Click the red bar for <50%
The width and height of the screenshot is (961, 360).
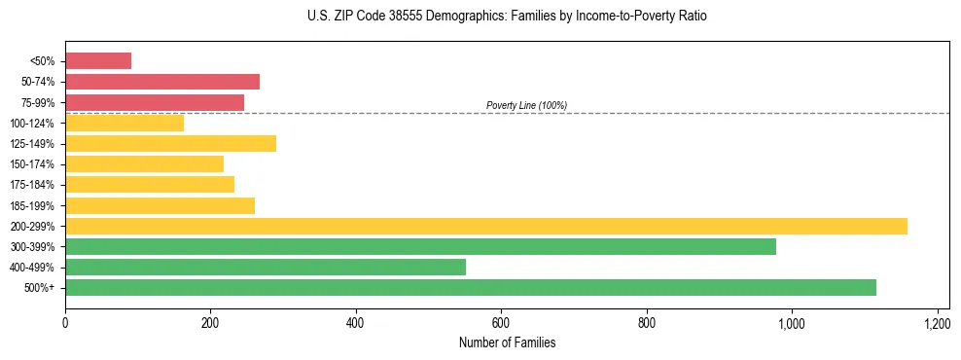point(98,61)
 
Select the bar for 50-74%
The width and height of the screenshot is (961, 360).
point(162,82)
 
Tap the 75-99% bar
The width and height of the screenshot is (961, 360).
point(155,102)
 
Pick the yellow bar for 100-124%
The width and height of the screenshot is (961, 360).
point(125,123)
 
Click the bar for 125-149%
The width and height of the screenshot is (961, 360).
point(170,144)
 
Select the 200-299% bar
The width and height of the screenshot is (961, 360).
point(486,226)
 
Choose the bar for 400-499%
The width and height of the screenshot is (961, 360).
point(266,267)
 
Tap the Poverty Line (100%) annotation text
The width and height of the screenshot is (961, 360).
point(526,105)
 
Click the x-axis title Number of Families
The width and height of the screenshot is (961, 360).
point(507,342)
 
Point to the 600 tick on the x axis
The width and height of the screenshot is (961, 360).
point(501,322)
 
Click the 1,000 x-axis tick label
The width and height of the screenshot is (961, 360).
point(791,322)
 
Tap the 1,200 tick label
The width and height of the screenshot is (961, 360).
point(937,322)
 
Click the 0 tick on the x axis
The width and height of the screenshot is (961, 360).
point(65,322)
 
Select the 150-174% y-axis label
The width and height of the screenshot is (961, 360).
point(32,164)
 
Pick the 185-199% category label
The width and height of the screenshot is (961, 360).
point(32,205)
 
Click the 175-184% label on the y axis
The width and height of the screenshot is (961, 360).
point(32,185)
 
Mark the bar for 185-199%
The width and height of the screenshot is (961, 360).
point(160,205)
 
